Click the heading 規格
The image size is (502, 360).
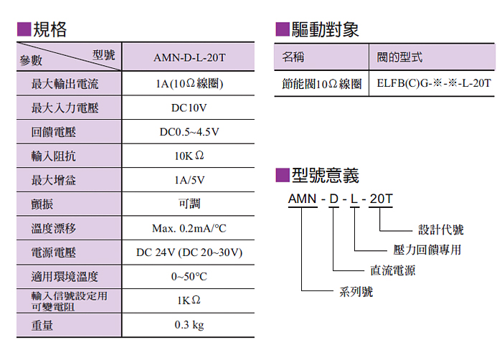pyautogui.click(x=49, y=29)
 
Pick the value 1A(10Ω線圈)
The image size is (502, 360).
pyautogui.click(x=189, y=85)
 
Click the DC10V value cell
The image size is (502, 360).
pyautogui.click(x=189, y=108)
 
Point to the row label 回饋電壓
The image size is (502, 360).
pyautogui.click(x=54, y=133)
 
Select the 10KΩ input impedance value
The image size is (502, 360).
pyautogui.click(x=189, y=156)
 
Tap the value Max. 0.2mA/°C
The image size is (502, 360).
pyautogui.click(x=189, y=229)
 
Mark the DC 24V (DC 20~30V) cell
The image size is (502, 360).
pyautogui.click(x=189, y=252)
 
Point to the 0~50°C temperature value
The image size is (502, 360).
pyautogui.click(x=189, y=277)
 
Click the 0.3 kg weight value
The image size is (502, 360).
pyautogui.click(x=189, y=325)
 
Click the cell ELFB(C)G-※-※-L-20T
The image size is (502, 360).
pyautogui.click(x=435, y=84)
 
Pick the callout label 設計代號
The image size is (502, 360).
pyautogui.click(x=441, y=230)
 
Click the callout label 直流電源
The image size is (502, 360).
pyautogui.click(x=392, y=270)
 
